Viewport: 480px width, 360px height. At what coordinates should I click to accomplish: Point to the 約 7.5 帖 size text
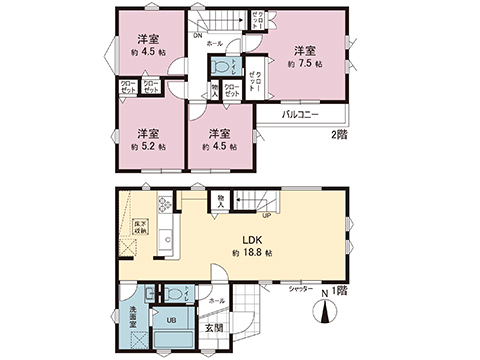coord(304,62)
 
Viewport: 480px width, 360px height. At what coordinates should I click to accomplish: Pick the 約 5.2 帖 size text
coord(146,146)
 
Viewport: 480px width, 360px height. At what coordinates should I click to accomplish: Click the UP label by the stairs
coord(267,215)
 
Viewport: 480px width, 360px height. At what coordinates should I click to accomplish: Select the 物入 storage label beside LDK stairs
coord(220,203)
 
